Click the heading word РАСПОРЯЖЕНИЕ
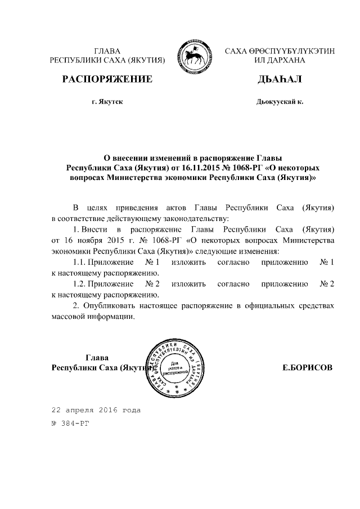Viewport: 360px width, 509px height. click(107, 79)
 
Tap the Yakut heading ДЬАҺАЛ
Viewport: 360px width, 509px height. click(279, 79)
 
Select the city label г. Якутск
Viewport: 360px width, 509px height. click(107, 102)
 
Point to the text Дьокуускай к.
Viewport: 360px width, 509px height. click(279, 102)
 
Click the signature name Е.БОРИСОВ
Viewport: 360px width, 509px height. click(307, 368)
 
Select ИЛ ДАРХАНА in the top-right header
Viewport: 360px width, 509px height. click(280, 60)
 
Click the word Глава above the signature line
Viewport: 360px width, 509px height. click(97, 358)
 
